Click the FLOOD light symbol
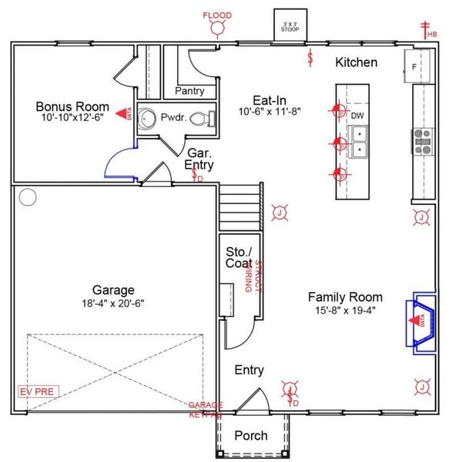(x=217, y=28)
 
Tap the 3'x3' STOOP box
(x=290, y=25)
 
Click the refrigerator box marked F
(x=412, y=67)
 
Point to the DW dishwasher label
(x=357, y=115)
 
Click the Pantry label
(x=189, y=91)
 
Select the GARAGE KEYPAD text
(x=206, y=410)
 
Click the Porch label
(x=251, y=436)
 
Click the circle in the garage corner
(x=28, y=198)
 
